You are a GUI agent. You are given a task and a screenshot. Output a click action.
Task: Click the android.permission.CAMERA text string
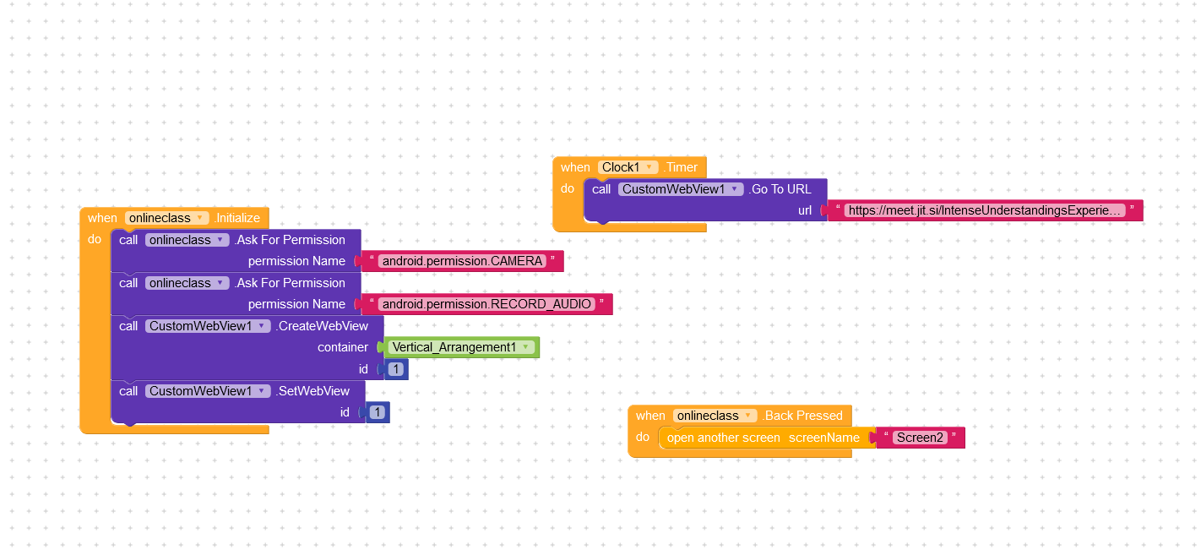462,261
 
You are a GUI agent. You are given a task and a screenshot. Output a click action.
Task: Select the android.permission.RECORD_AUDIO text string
486,304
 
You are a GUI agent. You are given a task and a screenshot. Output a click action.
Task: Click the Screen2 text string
920,438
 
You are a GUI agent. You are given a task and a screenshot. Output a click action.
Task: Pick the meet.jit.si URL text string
986,210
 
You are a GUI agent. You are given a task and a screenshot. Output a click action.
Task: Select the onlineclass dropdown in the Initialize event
166,218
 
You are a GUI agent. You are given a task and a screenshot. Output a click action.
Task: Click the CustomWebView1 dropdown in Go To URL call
681,189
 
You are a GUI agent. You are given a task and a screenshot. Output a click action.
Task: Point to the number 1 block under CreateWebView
396,369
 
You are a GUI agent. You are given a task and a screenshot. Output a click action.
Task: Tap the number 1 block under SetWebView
378,412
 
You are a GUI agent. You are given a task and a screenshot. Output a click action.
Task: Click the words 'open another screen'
723,438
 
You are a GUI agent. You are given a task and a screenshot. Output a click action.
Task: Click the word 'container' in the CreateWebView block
342,347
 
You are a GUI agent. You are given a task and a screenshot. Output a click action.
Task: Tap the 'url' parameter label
805,210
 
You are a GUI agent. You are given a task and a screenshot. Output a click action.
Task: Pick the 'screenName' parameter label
824,438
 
